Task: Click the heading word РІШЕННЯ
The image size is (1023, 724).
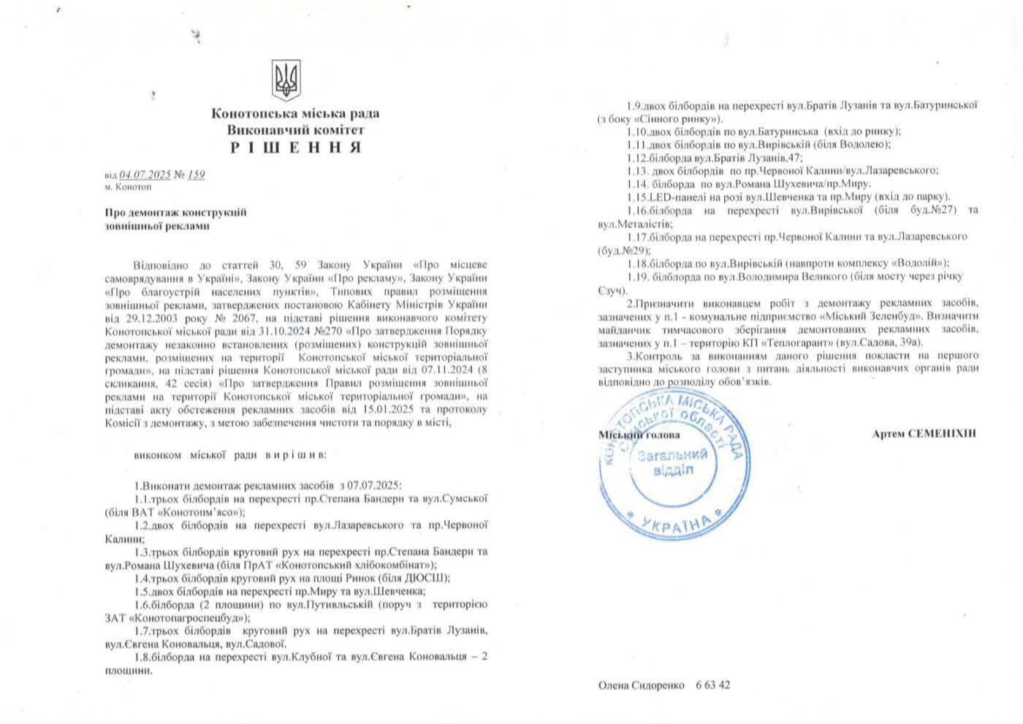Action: click(295, 147)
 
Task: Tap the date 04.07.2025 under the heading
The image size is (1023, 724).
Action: click(145, 175)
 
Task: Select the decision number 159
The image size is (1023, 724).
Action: click(196, 175)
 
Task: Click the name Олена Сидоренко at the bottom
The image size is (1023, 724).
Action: click(641, 685)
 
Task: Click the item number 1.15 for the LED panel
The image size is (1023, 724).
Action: click(638, 197)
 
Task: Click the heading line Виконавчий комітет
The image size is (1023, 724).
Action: click(295, 130)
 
